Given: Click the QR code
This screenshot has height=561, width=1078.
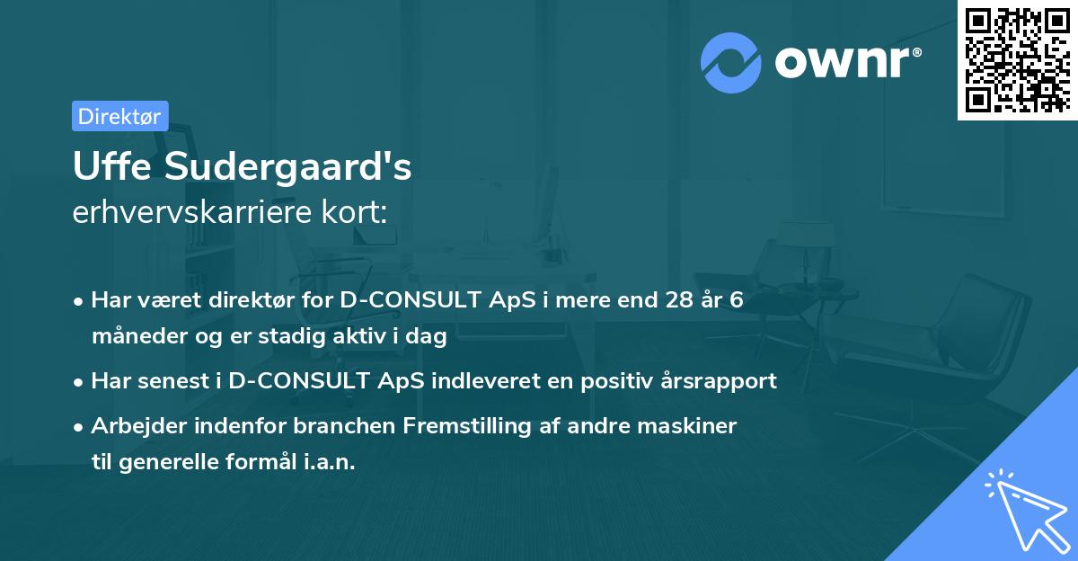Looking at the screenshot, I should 1017,59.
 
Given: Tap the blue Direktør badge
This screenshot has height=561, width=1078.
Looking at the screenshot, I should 119,116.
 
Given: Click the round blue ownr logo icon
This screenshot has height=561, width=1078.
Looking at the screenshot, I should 731,63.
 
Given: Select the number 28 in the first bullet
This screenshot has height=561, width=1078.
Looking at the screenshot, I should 671,300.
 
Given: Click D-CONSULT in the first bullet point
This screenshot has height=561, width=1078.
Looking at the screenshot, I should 410,300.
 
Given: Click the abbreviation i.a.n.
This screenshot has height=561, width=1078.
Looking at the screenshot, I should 325,462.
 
